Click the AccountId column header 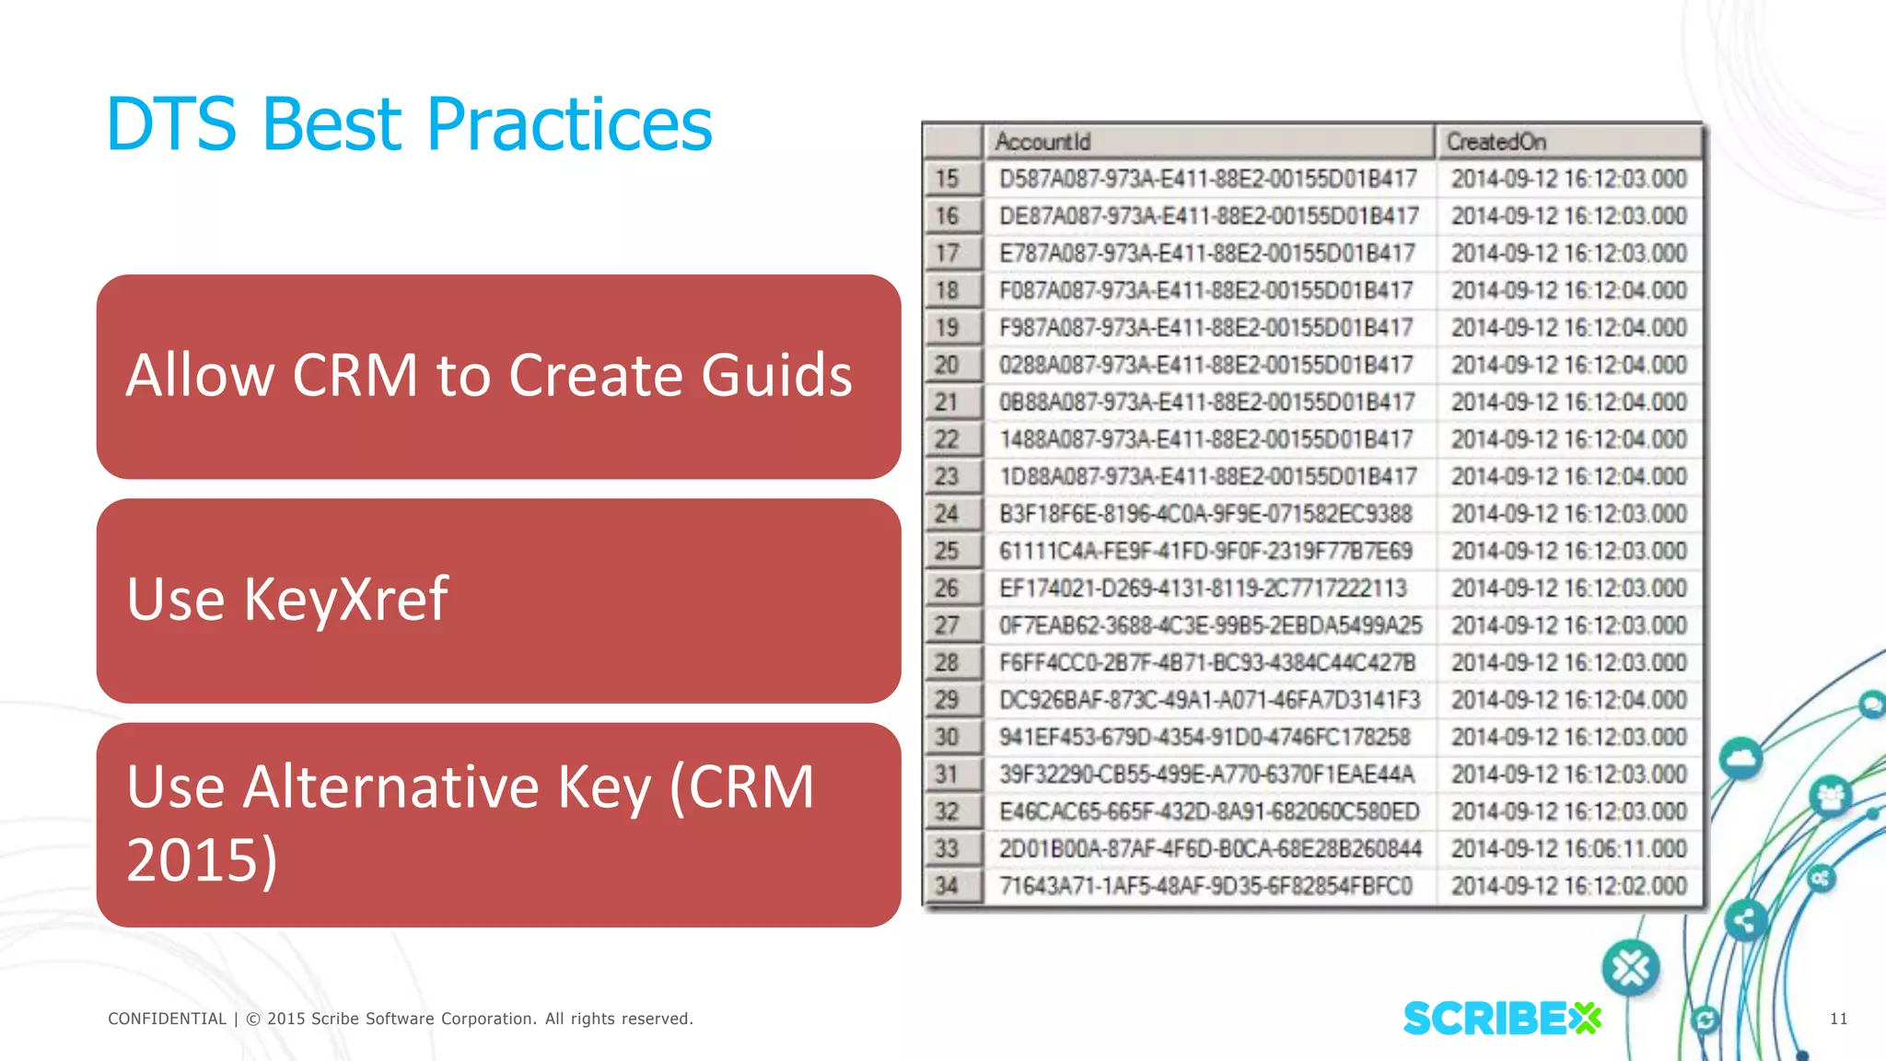tap(1042, 142)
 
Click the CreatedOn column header tap(1496, 142)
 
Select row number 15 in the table tap(948, 179)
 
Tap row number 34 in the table tap(948, 886)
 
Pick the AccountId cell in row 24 tap(1205, 514)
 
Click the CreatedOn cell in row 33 tap(1568, 848)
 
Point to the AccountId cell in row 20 tap(1205, 365)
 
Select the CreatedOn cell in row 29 tap(1568, 700)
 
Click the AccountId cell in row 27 tap(1210, 625)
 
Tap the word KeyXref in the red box tap(345, 600)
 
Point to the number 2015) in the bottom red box tap(202, 860)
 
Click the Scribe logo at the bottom tap(1501, 1019)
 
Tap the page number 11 tap(1838, 1019)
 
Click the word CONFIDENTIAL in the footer tap(167, 1019)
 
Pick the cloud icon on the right tap(1740, 759)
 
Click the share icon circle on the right tap(1744, 920)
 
